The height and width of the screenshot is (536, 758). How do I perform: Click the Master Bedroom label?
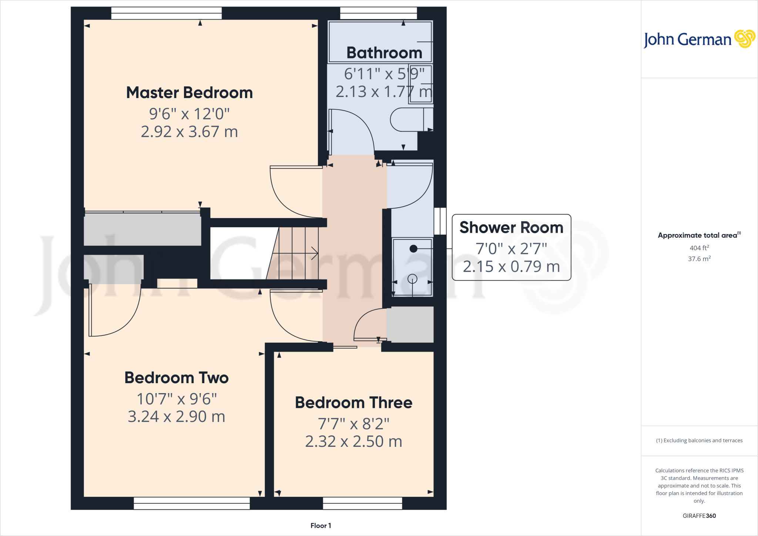coord(189,93)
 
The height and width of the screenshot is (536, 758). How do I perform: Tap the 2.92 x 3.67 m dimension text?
coord(189,132)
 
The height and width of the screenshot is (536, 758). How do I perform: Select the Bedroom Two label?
coord(176,378)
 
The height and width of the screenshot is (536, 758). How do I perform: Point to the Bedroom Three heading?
coord(353,403)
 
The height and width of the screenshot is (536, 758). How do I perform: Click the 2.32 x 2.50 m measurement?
coord(353,442)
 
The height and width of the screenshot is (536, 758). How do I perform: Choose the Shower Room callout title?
coord(511,227)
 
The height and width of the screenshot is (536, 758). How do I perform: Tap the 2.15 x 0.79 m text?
coord(511,267)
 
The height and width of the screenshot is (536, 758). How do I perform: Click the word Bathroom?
coord(384,53)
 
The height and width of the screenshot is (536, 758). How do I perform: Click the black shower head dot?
coord(413,249)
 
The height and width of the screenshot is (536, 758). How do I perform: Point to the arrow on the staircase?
coord(314,253)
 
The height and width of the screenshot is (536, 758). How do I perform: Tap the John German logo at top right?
coord(699,39)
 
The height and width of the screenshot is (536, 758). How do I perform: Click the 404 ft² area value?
coord(699,248)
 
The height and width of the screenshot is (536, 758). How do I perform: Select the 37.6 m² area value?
coord(699,259)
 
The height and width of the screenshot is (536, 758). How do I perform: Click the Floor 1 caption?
coord(321,526)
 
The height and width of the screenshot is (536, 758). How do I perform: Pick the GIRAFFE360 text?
coord(699,516)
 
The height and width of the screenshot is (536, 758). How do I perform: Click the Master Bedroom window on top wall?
coord(166,13)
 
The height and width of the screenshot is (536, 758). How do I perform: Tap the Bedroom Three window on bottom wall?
coord(362,503)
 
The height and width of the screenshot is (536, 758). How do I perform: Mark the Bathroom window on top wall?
coord(378,13)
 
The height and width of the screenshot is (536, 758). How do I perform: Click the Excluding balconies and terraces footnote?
coord(699,440)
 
